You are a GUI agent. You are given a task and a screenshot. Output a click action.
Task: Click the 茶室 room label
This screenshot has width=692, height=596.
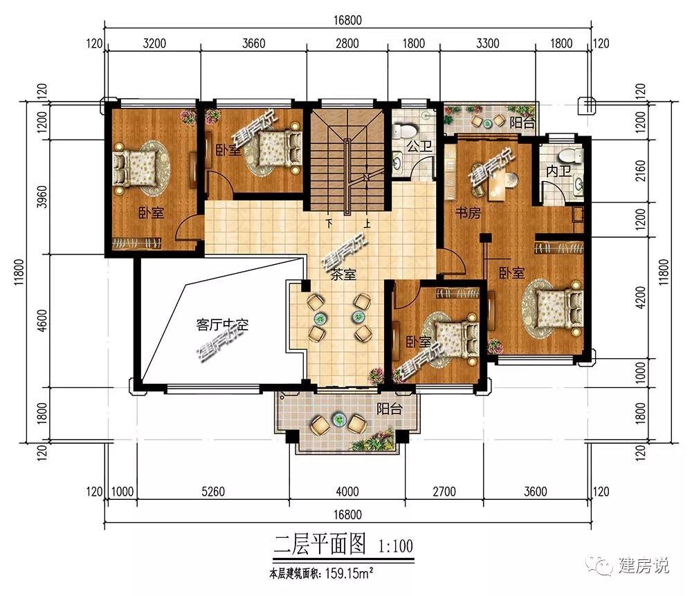(343, 274)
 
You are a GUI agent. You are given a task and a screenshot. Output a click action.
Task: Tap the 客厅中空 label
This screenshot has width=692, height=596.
(222, 325)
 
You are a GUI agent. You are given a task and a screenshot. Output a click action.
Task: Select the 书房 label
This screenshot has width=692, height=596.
(468, 213)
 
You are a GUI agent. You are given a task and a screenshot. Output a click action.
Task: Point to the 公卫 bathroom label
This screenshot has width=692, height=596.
(419, 145)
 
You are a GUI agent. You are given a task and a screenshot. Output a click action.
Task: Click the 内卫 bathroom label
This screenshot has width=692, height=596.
(558, 171)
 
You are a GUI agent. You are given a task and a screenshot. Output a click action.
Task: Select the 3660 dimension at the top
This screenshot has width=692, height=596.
(254, 43)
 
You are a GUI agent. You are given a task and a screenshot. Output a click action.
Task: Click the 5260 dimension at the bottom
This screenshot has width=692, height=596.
(213, 491)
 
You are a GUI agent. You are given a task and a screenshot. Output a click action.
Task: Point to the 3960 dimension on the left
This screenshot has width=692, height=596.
(42, 197)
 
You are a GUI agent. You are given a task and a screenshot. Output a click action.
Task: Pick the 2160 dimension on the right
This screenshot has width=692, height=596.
(640, 171)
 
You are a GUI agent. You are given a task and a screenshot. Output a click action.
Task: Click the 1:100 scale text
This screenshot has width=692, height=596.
(395, 546)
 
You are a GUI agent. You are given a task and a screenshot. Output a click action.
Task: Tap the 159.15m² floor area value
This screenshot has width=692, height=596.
(349, 573)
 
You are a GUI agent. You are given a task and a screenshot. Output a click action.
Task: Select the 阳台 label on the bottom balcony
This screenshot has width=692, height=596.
(389, 409)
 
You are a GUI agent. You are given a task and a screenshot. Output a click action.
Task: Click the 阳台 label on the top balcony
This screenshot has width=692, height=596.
(522, 122)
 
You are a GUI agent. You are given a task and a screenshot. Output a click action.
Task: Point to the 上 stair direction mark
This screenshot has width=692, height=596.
(367, 224)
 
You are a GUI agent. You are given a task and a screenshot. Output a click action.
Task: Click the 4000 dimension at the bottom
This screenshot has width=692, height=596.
(347, 491)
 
